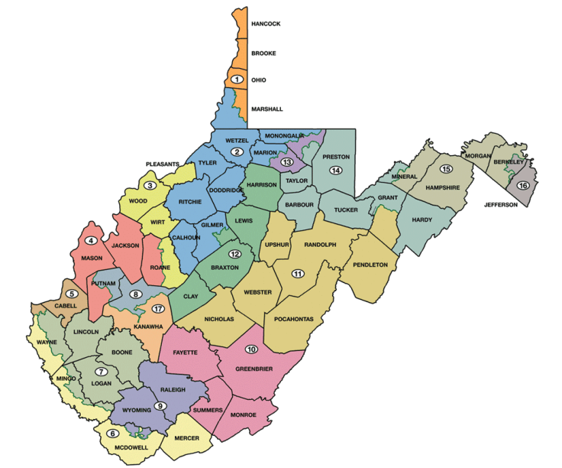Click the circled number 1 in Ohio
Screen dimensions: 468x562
tap(237, 80)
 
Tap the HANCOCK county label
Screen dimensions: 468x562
tap(266, 24)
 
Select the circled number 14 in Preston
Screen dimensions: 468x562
tap(335, 170)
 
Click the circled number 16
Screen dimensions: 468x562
tap(523, 186)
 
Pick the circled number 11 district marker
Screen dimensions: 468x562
tap(298, 274)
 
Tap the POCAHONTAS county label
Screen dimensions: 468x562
tap(294, 318)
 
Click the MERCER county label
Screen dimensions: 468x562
tap(186, 438)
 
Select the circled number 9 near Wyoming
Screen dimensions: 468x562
tap(160, 405)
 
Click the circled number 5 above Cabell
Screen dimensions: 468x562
tap(72, 293)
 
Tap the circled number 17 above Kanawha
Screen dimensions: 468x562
tap(158, 309)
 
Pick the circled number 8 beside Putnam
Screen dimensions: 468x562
tap(135, 294)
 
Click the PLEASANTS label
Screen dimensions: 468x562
tap(163, 164)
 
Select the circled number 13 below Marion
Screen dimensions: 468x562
tap(287, 162)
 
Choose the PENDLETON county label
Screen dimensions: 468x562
tap(370, 265)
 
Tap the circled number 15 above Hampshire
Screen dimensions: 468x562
tap(446, 168)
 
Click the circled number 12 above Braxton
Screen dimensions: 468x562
tap(235, 254)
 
